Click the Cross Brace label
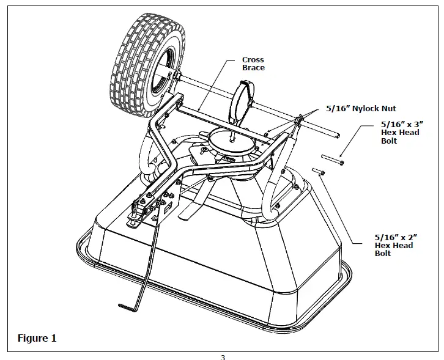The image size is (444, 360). click(253, 64)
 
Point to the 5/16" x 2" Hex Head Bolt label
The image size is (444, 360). click(394, 244)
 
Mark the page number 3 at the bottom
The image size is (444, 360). click(223, 357)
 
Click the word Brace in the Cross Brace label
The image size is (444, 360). click(253, 68)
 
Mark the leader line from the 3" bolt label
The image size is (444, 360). click(355, 143)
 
